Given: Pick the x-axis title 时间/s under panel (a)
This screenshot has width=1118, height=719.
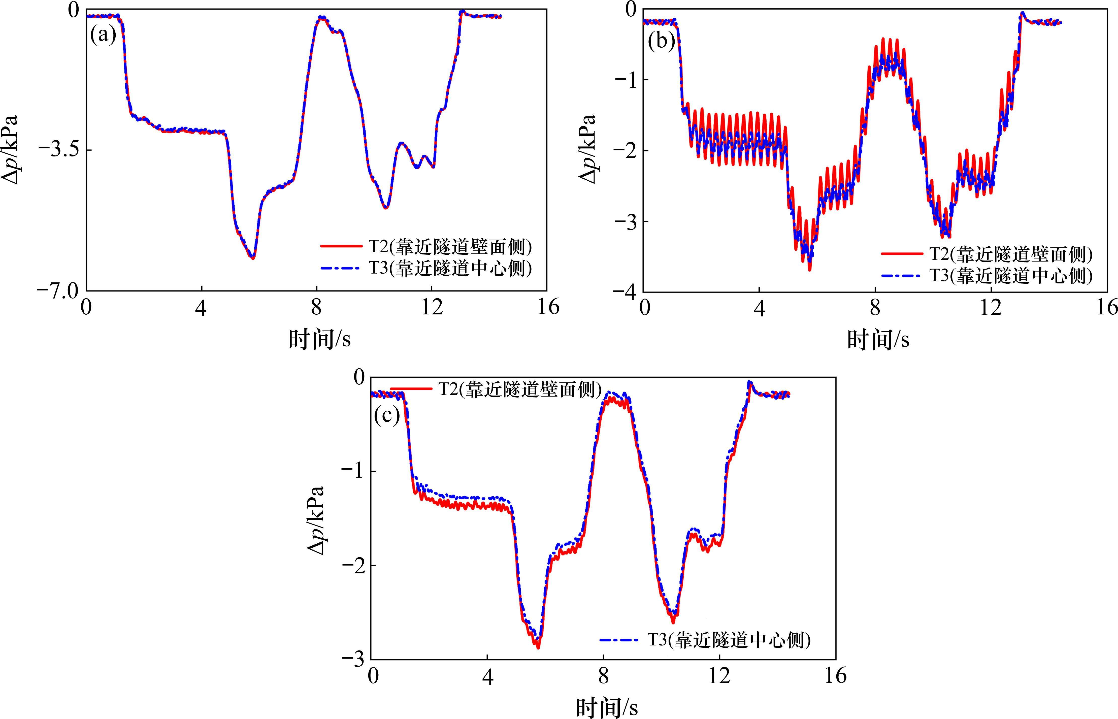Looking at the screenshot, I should point(319,339).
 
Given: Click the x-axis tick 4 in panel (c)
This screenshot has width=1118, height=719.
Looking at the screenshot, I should point(487,676).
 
